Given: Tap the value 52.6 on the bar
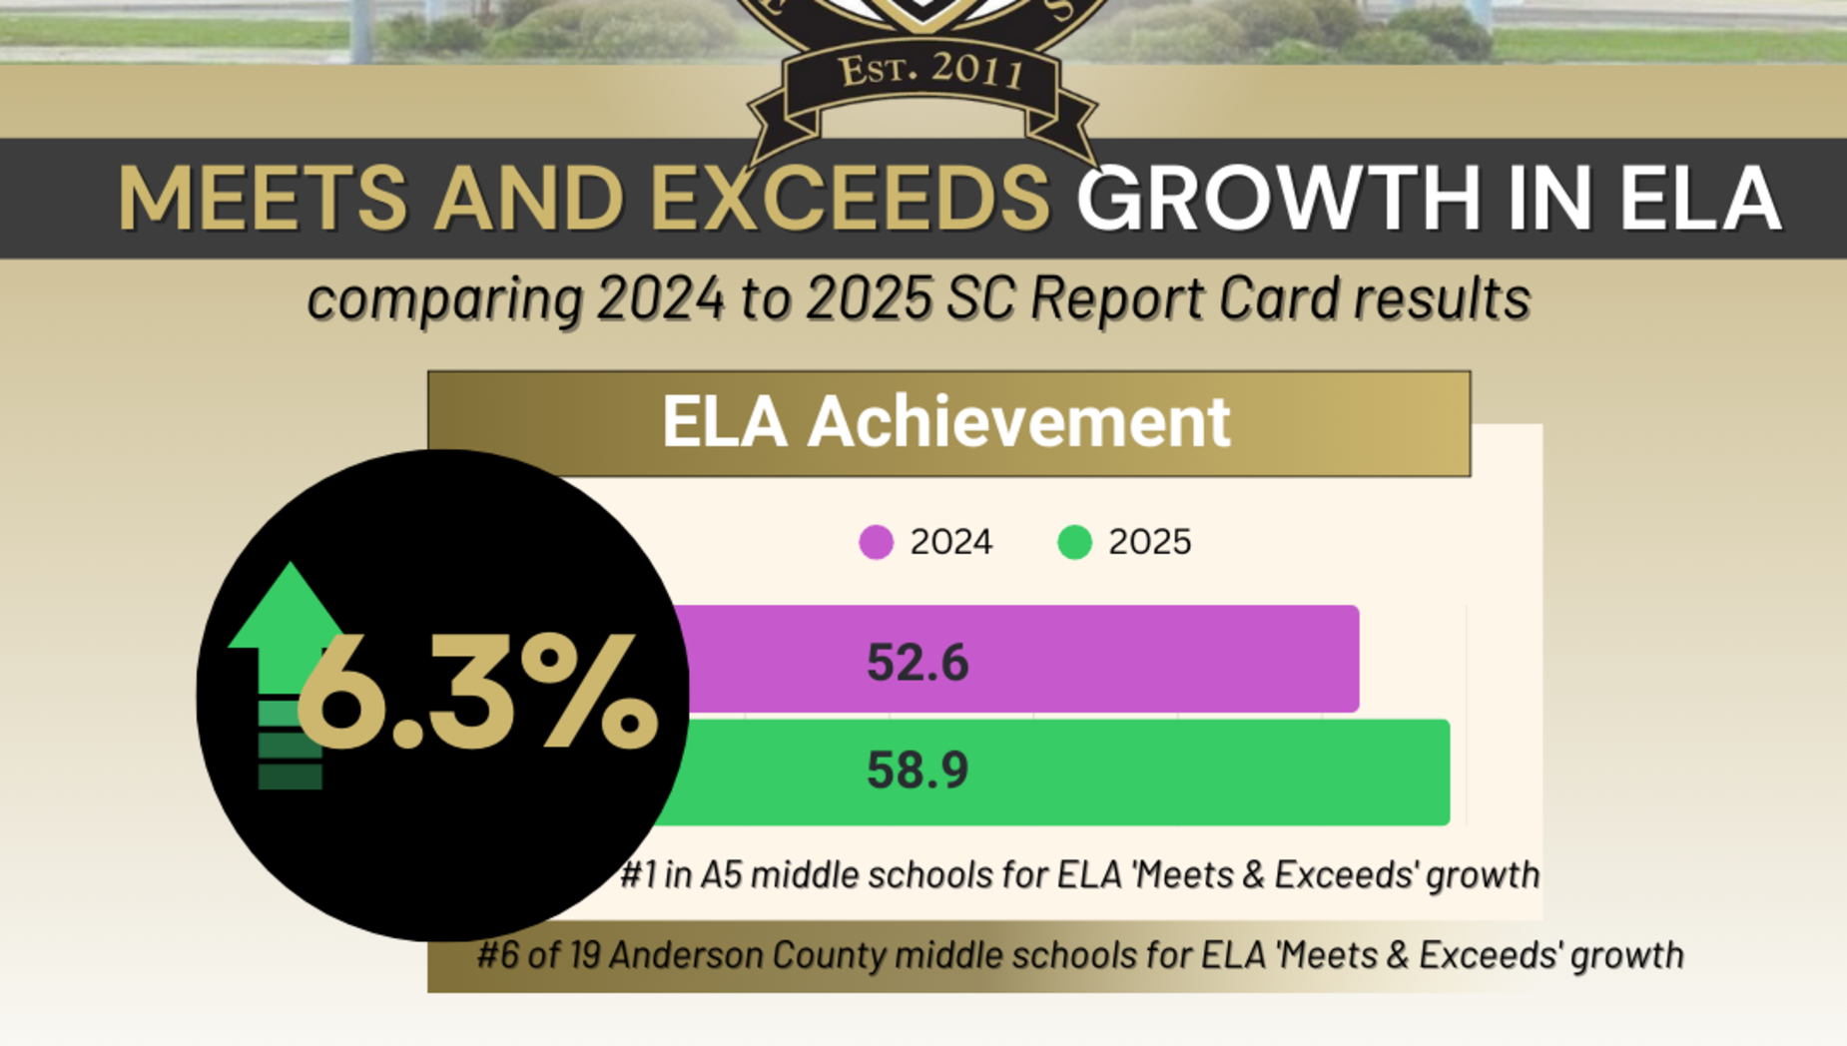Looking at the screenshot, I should click(918, 663).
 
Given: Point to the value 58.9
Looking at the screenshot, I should click(918, 771).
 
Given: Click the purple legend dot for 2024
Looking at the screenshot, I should click(876, 542).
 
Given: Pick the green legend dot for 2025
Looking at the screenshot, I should click(1074, 542).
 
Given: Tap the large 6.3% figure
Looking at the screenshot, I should click(477, 694).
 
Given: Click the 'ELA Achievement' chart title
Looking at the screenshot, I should click(945, 421).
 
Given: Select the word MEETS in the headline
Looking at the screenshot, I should click(262, 198).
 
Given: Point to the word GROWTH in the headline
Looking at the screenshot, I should click(1279, 198).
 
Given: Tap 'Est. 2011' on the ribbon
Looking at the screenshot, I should click(930, 71).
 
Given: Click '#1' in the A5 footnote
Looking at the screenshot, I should click(638, 875).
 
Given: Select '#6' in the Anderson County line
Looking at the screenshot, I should click(496, 955).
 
